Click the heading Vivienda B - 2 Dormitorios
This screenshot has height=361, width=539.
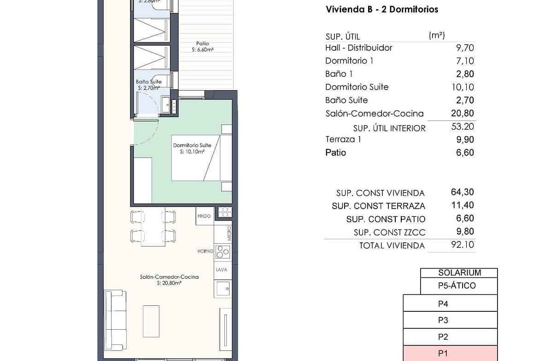coord(382,9)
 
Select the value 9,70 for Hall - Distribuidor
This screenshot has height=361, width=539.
coord(465,48)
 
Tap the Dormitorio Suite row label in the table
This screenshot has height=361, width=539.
coord(357,87)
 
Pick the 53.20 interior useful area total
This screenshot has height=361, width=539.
coord(463,126)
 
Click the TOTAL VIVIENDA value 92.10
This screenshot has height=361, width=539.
coord(463,245)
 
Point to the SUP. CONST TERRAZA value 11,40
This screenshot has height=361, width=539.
coord(463,205)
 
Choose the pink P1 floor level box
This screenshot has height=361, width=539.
coord(450,354)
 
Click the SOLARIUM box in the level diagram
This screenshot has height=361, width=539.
coord(459,273)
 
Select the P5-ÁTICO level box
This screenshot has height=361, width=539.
coord(459,286)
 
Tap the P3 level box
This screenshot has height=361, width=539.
coord(450,320)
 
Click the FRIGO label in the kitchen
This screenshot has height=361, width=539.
coord(204,216)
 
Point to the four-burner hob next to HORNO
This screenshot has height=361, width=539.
coord(223,252)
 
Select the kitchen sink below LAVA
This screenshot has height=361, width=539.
coord(223,289)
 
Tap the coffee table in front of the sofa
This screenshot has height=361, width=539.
coord(151,321)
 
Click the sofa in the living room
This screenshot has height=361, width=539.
coord(116,320)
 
